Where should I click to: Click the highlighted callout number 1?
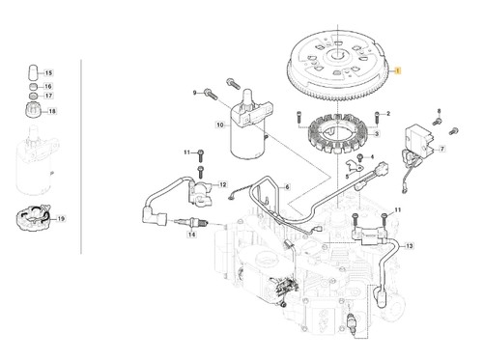point(398,70)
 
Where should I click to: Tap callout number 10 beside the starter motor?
point(220,125)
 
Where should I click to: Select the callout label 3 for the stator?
point(377,133)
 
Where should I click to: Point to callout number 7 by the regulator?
point(442,149)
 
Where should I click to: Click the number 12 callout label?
point(223,184)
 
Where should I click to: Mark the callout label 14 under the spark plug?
point(192,235)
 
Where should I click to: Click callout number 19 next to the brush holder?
point(61,219)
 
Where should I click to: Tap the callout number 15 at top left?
point(48,73)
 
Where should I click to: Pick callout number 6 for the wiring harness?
point(287,187)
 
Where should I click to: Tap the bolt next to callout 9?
point(211,94)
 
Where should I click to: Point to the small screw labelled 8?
point(438,122)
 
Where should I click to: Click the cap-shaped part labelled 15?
point(33,73)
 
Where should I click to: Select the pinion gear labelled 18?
point(33,110)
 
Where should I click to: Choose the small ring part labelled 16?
point(33,87)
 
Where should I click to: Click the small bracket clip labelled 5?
point(354,166)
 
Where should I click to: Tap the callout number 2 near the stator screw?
point(388,114)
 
